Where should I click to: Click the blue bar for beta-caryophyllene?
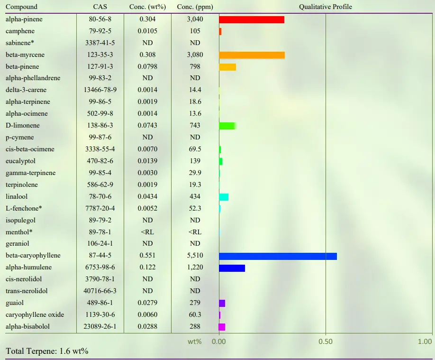(278, 256)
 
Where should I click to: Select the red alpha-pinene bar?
(252, 19)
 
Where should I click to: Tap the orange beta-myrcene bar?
(252, 55)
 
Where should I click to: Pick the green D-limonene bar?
(227, 126)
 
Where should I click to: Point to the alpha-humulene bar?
(232, 268)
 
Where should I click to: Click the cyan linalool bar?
(224, 197)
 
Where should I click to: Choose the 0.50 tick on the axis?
(326, 342)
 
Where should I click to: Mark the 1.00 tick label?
(425, 342)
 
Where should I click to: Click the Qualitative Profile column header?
(326, 7)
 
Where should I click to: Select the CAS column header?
(100, 7)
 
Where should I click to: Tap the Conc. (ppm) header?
(195, 7)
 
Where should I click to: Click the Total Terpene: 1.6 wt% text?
(47, 351)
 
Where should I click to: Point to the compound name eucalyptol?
(20, 161)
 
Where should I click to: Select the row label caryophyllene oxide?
(35, 315)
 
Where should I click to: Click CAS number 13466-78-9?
(100, 90)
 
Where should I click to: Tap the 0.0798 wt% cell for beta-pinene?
(147, 67)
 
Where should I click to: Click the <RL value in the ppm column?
(195, 232)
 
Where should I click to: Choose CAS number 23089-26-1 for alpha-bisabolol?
(100, 327)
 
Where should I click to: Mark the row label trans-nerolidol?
(27, 291)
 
